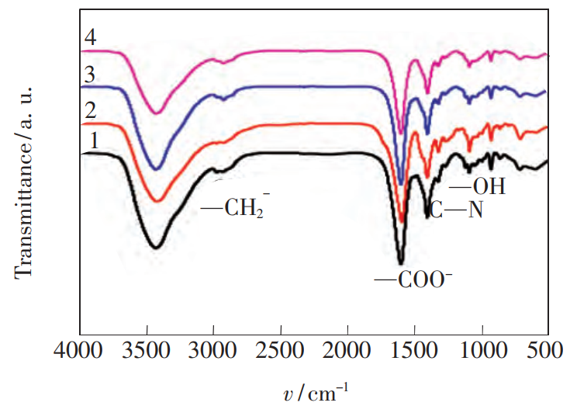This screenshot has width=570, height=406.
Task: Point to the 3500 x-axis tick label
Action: (x=147, y=353)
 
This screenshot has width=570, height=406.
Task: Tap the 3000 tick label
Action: (x=214, y=353)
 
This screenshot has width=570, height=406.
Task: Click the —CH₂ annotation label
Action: (x=235, y=208)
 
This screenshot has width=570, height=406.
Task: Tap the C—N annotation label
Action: (x=456, y=210)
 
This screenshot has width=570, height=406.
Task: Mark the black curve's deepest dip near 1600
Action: (x=401, y=263)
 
